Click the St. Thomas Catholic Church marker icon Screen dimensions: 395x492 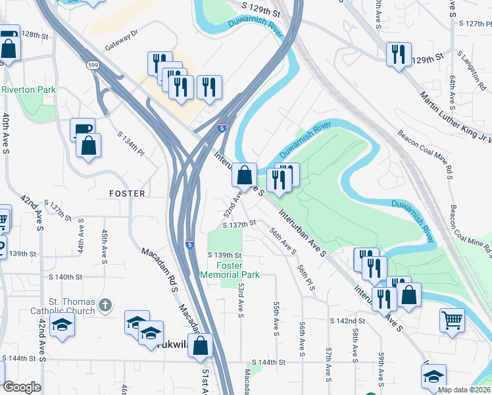coord(105,305)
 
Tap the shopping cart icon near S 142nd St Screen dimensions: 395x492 coord(453,320)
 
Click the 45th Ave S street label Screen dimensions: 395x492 coord(104,245)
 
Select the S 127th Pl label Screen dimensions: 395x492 coord(475,22)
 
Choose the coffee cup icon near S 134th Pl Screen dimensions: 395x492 coord(82,129)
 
